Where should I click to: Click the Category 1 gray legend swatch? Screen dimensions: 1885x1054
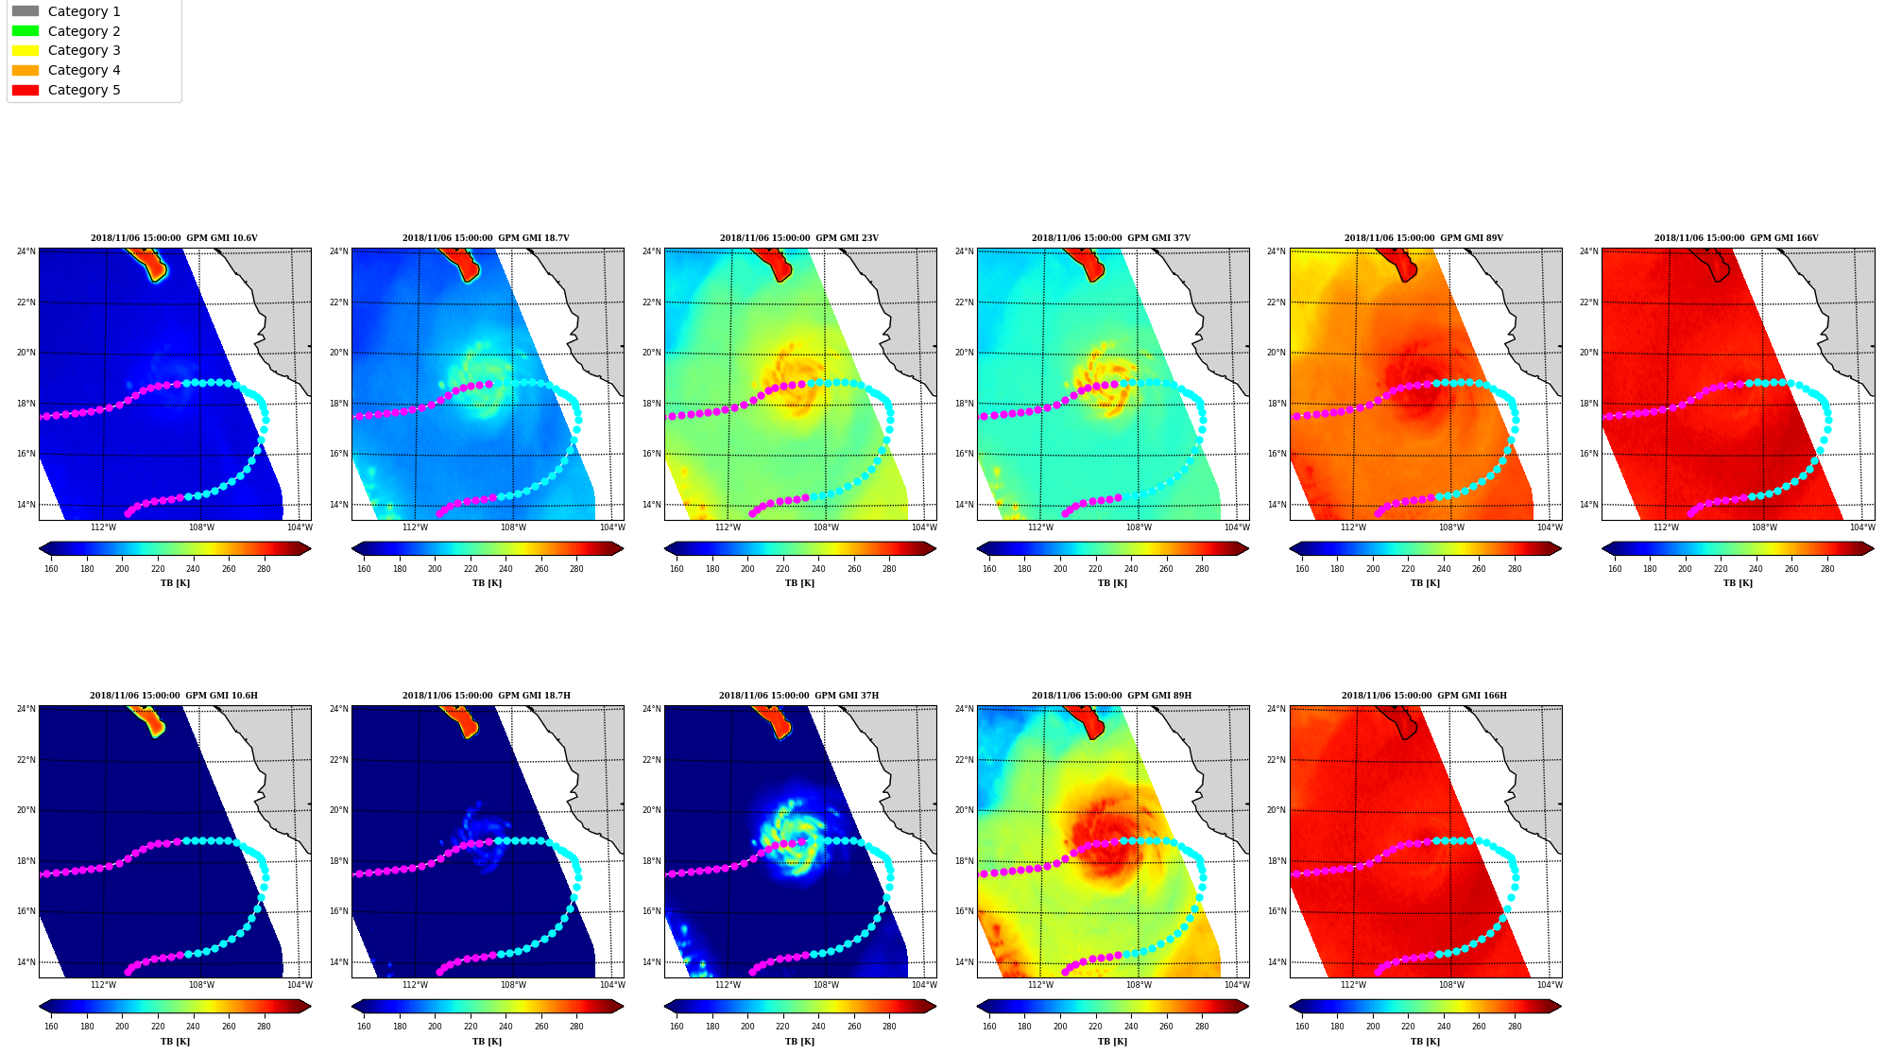26,11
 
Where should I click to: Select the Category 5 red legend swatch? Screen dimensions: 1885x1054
26,90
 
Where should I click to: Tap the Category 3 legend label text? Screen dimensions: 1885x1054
84,50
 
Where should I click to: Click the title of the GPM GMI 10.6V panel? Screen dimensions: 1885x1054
174,238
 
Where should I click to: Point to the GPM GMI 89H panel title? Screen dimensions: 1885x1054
1111,696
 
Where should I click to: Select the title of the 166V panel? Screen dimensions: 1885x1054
1737,238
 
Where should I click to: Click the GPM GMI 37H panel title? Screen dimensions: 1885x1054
798,696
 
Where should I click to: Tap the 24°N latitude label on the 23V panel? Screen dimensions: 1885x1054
651,251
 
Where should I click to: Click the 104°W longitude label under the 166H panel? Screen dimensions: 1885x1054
1550,985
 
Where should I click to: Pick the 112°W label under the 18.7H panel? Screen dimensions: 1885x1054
415,985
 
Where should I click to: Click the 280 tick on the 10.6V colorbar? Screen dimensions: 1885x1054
264,569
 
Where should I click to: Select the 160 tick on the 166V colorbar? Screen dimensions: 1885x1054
1615,569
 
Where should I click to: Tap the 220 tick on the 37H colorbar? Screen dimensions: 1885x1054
782,1027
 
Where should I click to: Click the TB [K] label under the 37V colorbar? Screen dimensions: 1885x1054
1112,583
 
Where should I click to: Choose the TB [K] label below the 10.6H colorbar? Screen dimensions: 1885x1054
175,1042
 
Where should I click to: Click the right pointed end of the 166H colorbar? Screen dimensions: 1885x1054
1561,1007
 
